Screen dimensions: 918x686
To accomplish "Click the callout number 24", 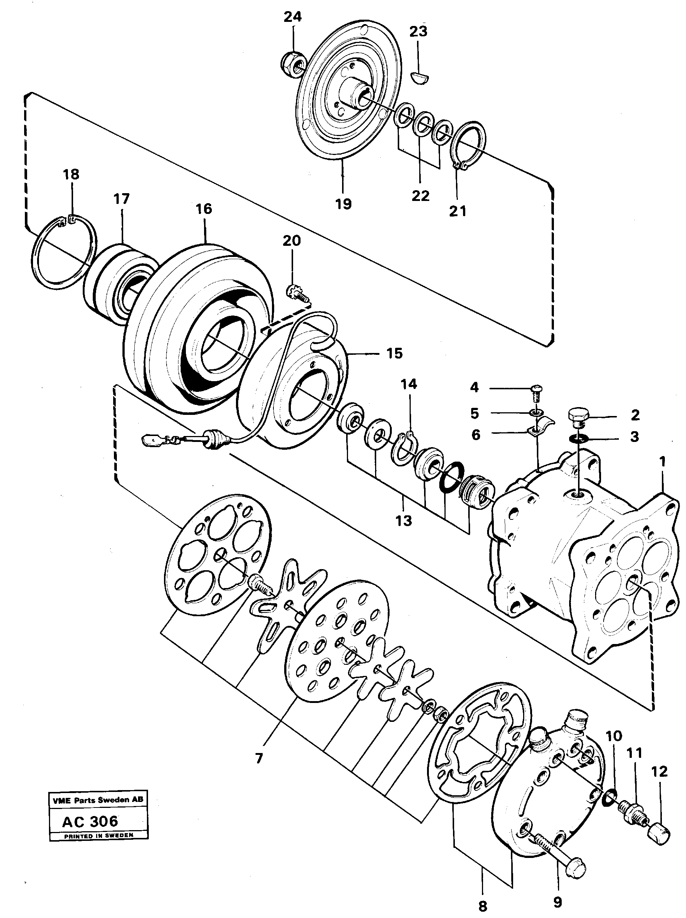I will coord(292,17).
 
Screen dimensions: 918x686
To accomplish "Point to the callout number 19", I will coord(344,204).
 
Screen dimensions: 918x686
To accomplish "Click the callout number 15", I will coord(394,354).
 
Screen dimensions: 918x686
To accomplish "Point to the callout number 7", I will coord(259,758).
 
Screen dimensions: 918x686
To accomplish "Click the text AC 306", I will coord(90,820).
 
